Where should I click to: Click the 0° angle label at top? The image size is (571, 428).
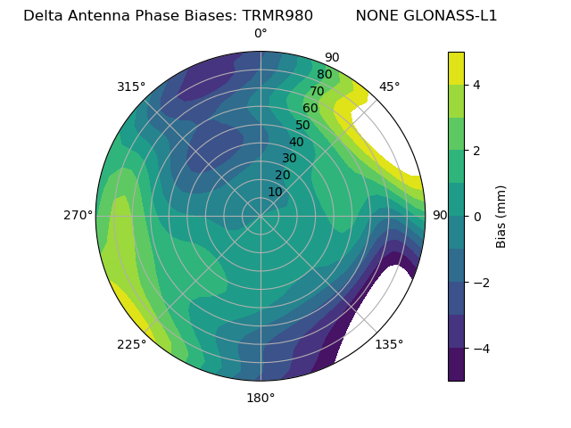[x=261, y=34]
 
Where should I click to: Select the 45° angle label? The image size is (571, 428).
[x=389, y=86]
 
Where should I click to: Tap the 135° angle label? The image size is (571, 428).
[x=389, y=344]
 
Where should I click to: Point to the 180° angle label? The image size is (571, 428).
[x=261, y=398]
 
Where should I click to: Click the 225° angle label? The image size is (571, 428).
[x=131, y=344]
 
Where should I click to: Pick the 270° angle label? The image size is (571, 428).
[x=78, y=215]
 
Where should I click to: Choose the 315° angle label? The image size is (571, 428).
[x=131, y=86]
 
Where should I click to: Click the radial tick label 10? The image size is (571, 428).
[x=275, y=192]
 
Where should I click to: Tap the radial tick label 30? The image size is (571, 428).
[x=289, y=158]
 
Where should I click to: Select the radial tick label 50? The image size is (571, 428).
[x=303, y=125]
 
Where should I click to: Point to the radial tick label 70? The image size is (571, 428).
[x=317, y=91]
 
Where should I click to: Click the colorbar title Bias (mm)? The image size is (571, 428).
[x=501, y=217]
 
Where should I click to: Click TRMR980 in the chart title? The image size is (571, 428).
[x=277, y=15]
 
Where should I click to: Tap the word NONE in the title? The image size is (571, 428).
[x=376, y=15]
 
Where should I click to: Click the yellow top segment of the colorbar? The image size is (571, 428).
[x=456, y=68]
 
